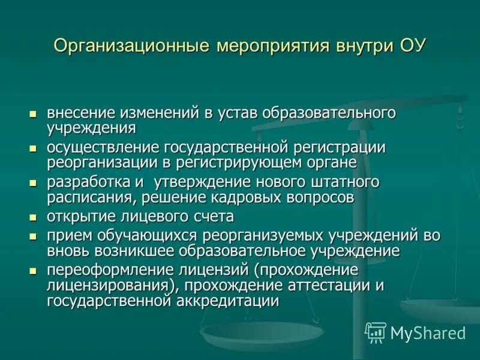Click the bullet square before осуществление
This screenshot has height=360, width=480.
33,148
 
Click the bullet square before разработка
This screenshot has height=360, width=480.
33,182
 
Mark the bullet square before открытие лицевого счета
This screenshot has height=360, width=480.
33,217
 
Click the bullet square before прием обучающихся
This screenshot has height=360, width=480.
33,236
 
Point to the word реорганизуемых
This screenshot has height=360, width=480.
263,236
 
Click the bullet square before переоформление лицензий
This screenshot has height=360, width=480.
33,271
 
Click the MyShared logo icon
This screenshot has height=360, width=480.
376,332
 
